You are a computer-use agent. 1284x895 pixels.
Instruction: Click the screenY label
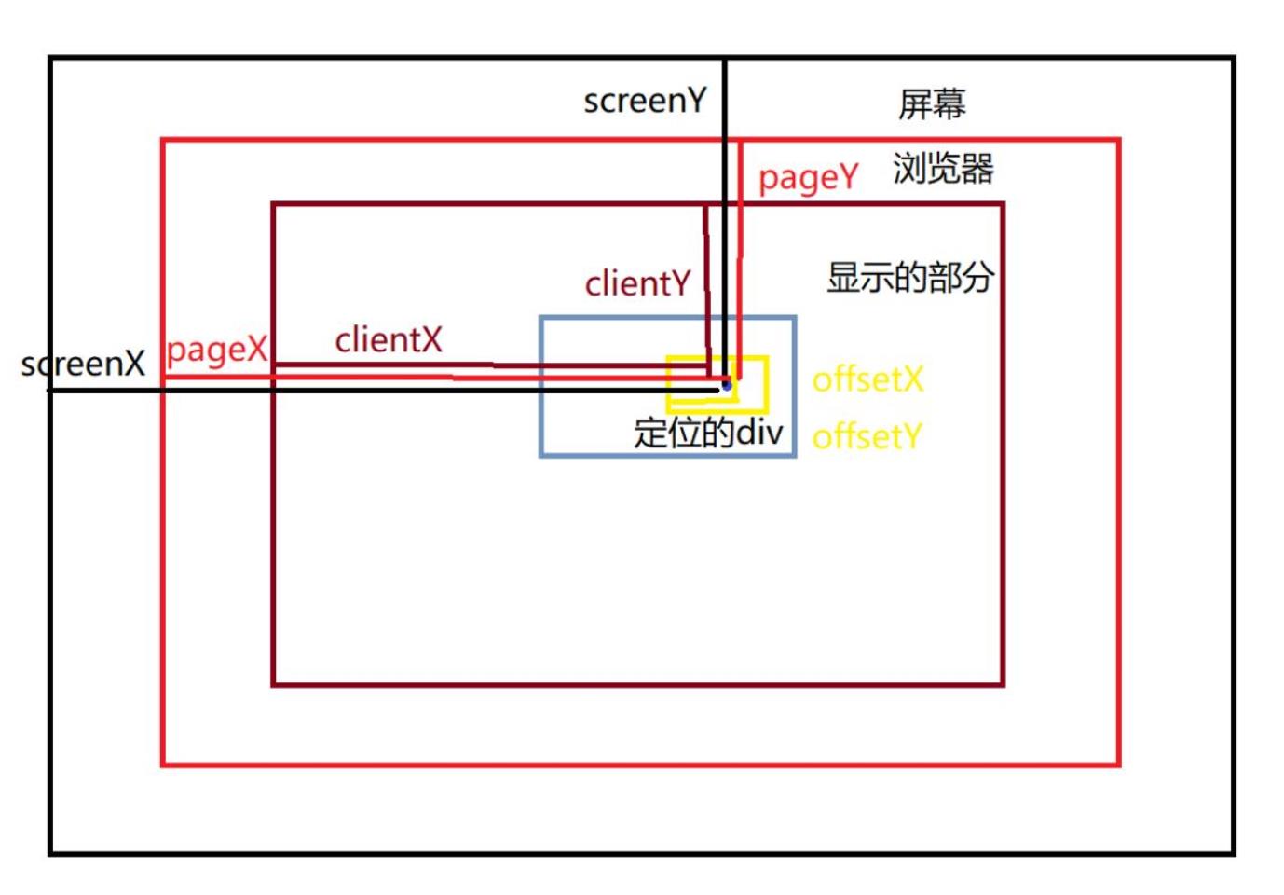[645, 101]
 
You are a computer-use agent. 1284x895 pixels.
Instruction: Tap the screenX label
[83, 364]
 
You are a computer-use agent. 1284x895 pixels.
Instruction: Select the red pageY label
[807, 177]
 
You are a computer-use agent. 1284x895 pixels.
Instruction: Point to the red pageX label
[216, 350]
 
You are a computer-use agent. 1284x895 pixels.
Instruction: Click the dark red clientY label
[637, 283]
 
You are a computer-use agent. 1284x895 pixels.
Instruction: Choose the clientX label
[389, 340]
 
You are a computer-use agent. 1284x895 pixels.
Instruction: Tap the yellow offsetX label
[867, 379]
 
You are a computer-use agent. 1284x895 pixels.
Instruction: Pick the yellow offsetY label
[867, 436]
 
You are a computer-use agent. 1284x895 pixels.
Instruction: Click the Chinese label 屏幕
[932, 103]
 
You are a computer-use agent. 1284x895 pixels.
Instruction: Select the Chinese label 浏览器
[943, 169]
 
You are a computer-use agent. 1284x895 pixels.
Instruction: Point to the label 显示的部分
[909, 277]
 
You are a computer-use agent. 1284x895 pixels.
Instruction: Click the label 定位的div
[708, 433]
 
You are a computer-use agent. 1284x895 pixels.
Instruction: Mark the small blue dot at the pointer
[727, 385]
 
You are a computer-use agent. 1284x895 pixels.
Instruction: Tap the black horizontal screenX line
[373, 390]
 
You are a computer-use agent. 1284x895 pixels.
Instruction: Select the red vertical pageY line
[740, 252]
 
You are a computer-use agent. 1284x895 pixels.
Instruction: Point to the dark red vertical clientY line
[707, 280]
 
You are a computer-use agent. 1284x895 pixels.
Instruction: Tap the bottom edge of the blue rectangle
[667, 455]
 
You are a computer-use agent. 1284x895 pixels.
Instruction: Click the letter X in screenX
[135, 364]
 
